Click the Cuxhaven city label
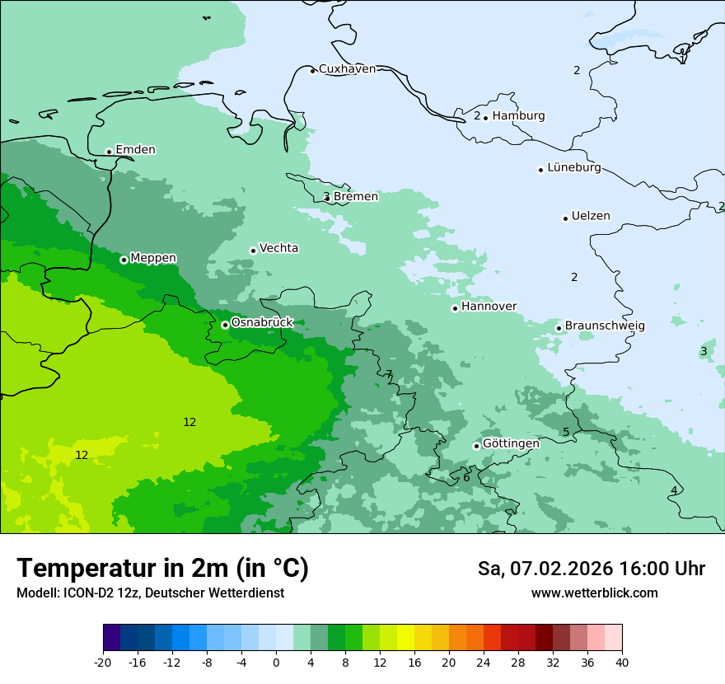[x=347, y=69]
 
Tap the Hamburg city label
[x=518, y=116]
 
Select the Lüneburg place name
[x=573, y=168]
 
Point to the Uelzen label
[x=591, y=217]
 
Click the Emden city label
[x=135, y=150]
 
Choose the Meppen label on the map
[x=153, y=259]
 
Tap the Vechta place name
[x=278, y=249]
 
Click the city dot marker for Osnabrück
[x=225, y=325]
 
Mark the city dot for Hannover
[x=455, y=308]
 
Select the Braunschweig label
[x=605, y=326]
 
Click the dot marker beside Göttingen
[x=476, y=446]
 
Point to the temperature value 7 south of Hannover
[x=389, y=374]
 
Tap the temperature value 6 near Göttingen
[x=466, y=477]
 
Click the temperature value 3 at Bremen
[x=326, y=196]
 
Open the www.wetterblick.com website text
[x=594, y=593]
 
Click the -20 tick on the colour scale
[x=103, y=663]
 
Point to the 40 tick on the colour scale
[x=622, y=663]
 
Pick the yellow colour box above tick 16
[x=405, y=638]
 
